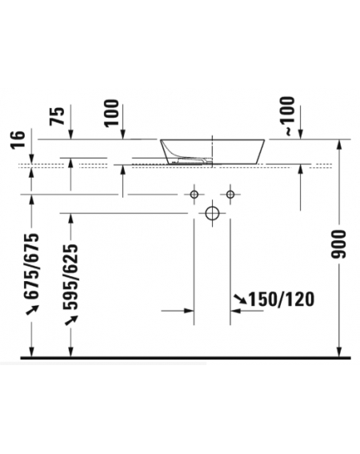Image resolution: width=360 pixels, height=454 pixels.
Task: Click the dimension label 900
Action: [339, 244]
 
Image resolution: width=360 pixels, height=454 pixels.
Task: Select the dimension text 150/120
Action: [281, 299]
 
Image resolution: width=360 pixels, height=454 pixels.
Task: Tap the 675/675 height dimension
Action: [31, 266]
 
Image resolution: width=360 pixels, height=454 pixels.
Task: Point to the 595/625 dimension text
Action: [71, 277]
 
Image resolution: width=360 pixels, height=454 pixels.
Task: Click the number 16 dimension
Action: [18, 139]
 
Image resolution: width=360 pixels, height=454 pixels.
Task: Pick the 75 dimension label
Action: [57, 116]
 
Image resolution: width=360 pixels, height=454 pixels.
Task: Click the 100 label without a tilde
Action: [112, 113]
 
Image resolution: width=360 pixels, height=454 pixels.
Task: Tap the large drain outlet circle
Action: [212, 214]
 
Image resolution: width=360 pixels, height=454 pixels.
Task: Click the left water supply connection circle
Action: [194, 194]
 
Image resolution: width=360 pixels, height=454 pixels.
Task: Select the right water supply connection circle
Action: [230, 194]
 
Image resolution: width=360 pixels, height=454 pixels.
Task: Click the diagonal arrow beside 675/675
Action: [32, 310]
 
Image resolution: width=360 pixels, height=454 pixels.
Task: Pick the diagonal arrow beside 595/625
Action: [71, 320]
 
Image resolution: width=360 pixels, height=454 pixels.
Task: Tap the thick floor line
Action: [186, 358]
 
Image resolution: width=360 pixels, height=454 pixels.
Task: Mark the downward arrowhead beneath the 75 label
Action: [70, 135]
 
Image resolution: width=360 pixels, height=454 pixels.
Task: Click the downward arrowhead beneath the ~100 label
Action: [300, 135]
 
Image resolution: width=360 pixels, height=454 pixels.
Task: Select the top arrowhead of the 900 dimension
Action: [339, 144]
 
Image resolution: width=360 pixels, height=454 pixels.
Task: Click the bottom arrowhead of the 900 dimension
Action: [339, 352]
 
